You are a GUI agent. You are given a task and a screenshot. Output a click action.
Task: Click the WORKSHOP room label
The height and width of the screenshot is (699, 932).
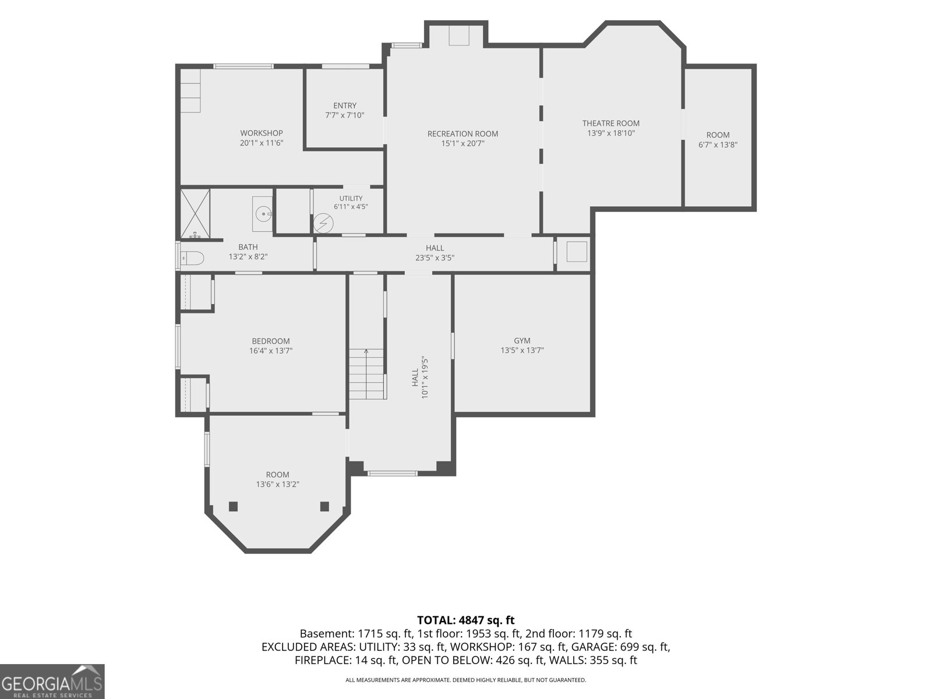[x=261, y=133]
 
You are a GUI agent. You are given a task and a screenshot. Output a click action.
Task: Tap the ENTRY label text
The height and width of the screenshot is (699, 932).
[x=345, y=105]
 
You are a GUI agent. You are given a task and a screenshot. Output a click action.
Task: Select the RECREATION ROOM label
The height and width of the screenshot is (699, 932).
[x=463, y=134]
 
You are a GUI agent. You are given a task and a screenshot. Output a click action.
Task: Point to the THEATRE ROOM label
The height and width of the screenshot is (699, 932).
[x=610, y=123]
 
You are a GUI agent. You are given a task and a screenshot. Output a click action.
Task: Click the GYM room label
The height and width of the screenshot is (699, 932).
[x=522, y=341]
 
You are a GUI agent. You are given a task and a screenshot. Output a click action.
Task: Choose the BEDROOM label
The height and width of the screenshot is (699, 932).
[x=271, y=341]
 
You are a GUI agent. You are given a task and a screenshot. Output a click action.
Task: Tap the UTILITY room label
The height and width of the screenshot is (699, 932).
[x=351, y=199]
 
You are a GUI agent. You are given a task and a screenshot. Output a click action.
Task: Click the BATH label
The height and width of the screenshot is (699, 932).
[x=248, y=247]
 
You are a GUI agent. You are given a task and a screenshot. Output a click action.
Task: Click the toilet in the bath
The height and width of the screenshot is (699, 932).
[x=192, y=258]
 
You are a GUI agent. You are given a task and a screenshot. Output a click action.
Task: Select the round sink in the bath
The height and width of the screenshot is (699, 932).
[x=263, y=214]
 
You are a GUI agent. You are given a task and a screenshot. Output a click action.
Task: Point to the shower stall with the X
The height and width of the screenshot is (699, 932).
[x=195, y=214]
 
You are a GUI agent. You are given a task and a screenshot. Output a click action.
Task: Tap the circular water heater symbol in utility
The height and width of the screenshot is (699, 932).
[x=323, y=223]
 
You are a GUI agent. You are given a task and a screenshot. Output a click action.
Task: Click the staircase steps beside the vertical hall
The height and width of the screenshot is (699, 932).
[x=367, y=374]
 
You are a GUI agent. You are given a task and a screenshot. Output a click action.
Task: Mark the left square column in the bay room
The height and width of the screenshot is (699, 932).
[x=233, y=506]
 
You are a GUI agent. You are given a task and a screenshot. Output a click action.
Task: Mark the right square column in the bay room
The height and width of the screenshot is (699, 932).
[x=324, y=506]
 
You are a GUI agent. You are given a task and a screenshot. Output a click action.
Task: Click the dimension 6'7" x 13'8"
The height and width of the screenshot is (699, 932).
[x=718, y=144]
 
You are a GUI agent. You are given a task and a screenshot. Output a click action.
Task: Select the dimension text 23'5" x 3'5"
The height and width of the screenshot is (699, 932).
[x=435, y=257]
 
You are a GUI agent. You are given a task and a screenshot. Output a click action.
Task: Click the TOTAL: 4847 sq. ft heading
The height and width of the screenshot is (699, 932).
[x=466, y=620]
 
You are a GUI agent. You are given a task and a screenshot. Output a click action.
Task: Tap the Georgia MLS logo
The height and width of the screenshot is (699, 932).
[x=52, y=681]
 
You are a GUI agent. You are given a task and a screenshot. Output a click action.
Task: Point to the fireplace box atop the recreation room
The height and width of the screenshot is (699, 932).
[x=459, y=35]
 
